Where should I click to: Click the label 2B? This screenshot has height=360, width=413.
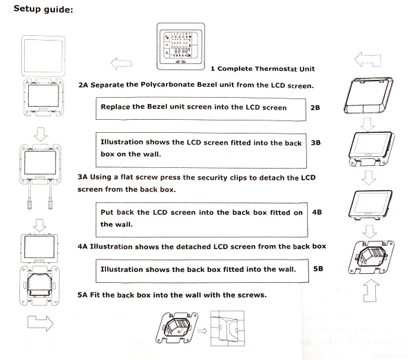point(316,108)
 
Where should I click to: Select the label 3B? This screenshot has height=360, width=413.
point(316,142)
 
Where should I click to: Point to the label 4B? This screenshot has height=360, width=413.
point(317,213)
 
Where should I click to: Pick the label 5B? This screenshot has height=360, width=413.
point(318,268)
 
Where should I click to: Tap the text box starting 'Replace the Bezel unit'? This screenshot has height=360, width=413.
point(201,108)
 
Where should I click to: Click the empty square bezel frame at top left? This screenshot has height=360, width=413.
point(44,59)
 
